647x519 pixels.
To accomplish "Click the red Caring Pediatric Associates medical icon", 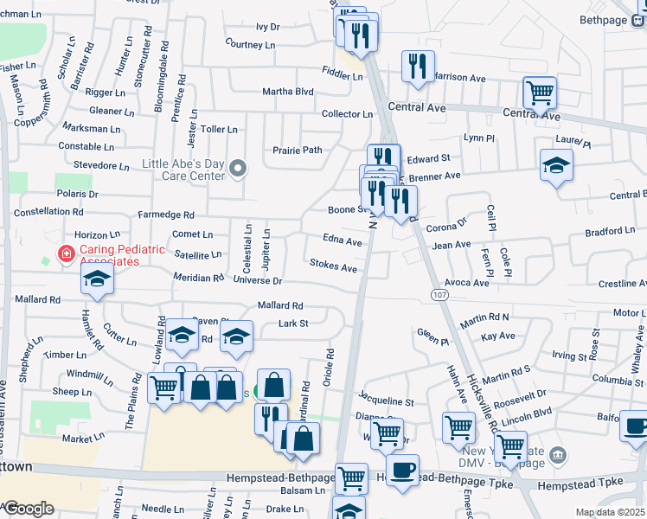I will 65,254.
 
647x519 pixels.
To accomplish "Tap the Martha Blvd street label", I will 288,92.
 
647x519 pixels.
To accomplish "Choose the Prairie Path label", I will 298,151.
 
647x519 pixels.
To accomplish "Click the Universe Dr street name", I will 258,281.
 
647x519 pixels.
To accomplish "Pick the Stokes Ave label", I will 333,268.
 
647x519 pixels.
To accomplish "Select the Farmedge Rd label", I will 166,215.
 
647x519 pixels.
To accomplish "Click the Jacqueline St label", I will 387,402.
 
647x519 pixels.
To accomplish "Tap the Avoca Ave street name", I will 468,283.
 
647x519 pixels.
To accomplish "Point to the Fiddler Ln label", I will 342,76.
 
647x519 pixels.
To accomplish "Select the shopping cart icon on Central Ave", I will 540,92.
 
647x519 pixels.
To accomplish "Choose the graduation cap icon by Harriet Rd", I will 97,279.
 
